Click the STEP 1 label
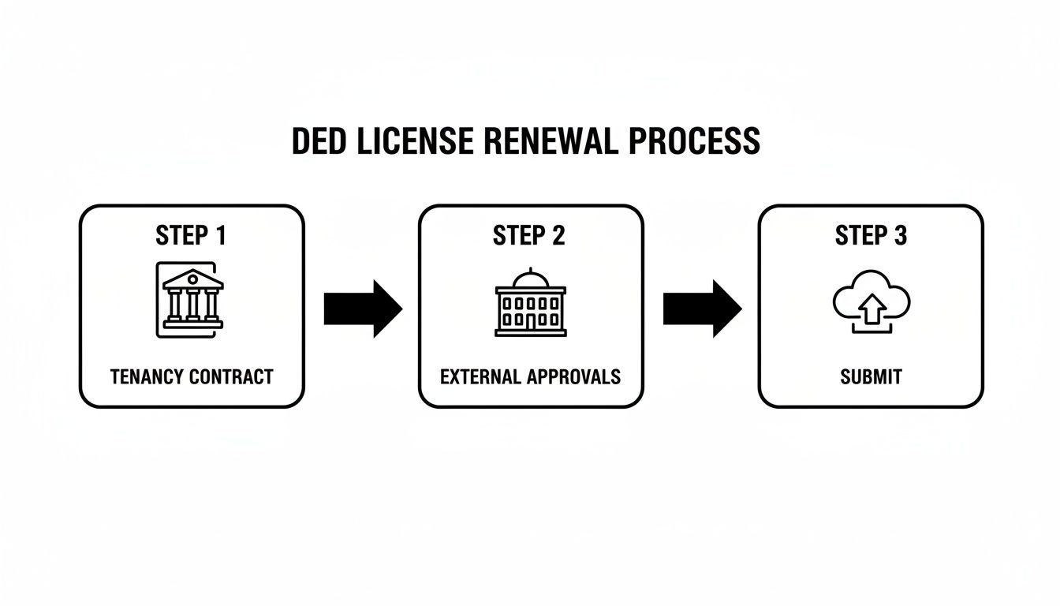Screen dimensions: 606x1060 [191, 235]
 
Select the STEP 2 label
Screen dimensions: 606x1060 [529, 235]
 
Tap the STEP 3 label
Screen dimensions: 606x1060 [871, 235]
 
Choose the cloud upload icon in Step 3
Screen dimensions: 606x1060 [871, 301]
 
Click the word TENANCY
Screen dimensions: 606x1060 [147, 376]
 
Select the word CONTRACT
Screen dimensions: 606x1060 [232, 376]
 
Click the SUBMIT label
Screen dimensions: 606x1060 [871, 376]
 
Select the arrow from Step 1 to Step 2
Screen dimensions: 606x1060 [363, 308]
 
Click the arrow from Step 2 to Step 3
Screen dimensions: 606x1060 [702, 308]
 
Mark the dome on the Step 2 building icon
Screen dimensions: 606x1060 [530, 279]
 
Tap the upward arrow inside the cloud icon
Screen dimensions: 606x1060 [871, 312]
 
